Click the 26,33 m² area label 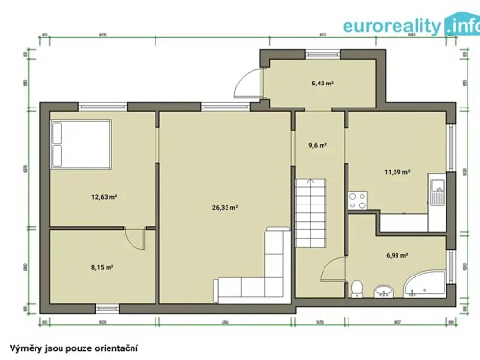click(224, 207)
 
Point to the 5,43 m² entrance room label click(323, 84)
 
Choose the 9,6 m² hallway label click(318, 146)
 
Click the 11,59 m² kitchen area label click(397, 173)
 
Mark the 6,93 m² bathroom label click(397, 256)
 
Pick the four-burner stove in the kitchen click(359, 201)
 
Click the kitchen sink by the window click(438, 193)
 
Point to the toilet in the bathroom click(356, 288)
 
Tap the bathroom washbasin click(384, 291)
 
